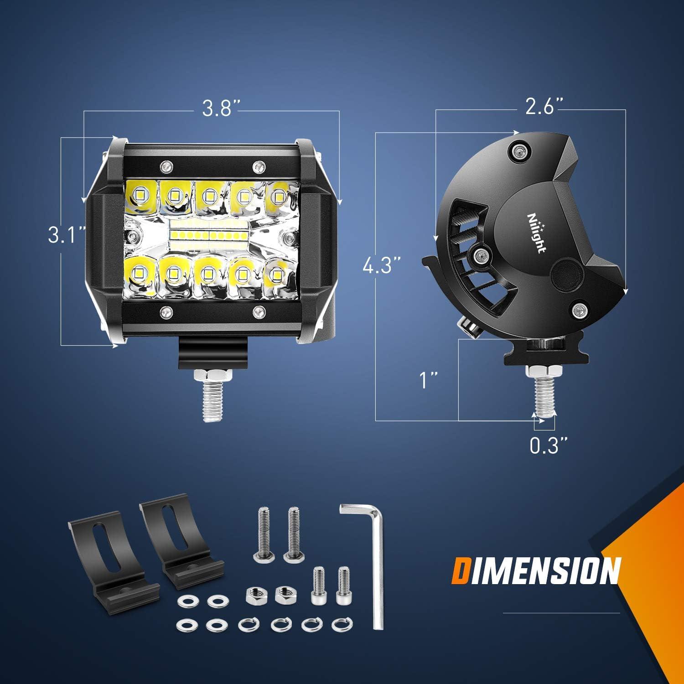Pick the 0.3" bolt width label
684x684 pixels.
point(544,446)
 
